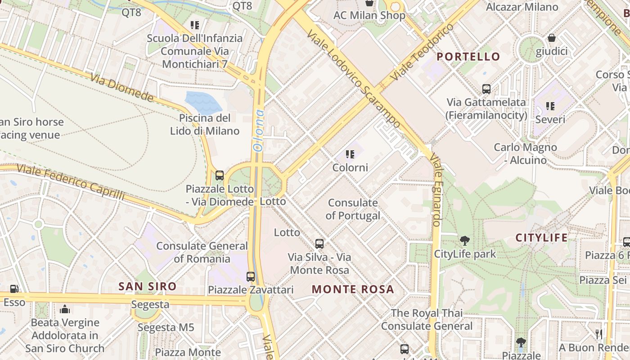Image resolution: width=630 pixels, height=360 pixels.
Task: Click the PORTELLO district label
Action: (468, 57)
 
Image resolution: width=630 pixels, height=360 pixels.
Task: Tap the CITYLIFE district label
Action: (541, 238)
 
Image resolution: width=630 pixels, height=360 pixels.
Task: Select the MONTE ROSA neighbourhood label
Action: (353, 289)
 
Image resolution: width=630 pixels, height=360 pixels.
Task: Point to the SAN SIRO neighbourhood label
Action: (147, 286)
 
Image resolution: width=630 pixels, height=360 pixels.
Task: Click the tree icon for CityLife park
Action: (464, 241)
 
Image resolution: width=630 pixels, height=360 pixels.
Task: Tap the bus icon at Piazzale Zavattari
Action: (251, 276)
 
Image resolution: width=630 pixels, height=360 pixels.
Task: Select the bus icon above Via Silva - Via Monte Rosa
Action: (319, 244)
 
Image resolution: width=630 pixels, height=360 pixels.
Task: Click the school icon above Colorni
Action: (350, 155)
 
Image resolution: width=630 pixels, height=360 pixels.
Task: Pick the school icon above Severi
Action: (550, 106)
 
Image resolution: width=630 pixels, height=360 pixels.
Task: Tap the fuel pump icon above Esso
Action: (14, 289)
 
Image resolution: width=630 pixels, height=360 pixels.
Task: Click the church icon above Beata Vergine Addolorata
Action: (65, 309)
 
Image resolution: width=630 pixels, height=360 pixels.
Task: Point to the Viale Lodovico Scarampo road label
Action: (354, 79)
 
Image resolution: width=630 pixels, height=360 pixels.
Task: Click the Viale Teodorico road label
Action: (423, 53)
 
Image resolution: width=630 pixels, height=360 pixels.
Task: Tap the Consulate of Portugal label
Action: (353, 209)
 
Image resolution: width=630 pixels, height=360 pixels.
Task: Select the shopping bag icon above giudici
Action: (551, 38)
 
